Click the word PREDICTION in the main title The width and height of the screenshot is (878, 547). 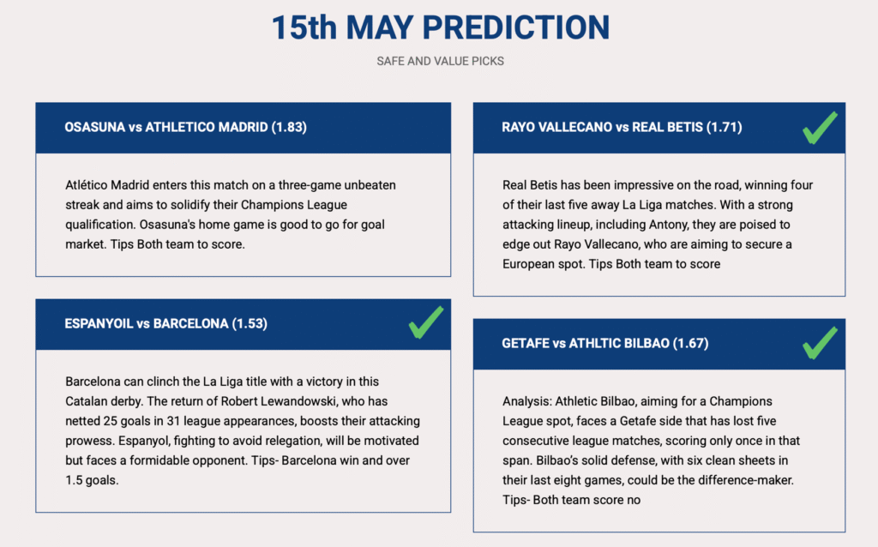(515, 27)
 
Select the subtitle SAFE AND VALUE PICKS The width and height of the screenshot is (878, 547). (440, 61)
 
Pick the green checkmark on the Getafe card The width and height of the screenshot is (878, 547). (820, 342)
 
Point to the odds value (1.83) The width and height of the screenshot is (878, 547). (289, 127)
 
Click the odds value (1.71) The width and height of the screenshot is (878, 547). (724, 127)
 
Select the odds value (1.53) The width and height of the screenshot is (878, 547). (250, 323)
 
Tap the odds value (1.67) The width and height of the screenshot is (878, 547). (690, 343)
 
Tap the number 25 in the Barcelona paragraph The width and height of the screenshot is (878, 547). (110, 421)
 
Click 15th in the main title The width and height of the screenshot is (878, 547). (304, 27)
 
